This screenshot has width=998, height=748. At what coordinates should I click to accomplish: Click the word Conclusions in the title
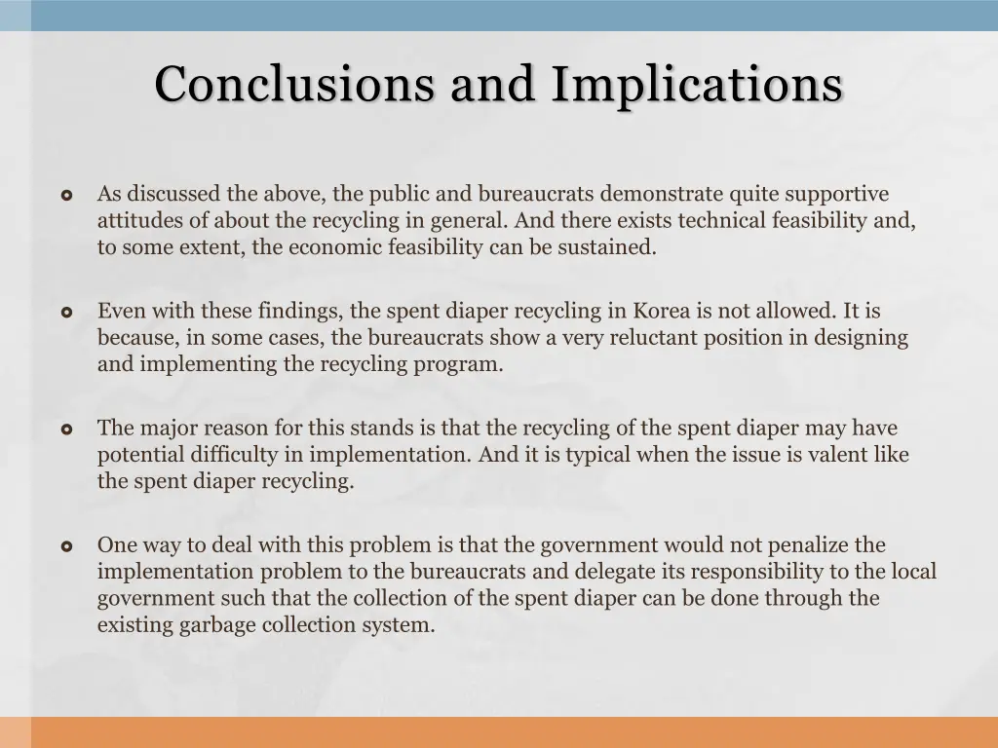294,84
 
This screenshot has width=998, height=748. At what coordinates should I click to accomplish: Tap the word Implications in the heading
696,84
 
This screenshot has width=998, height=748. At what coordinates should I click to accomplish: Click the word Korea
664,312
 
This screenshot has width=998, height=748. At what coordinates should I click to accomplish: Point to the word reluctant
676,338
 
